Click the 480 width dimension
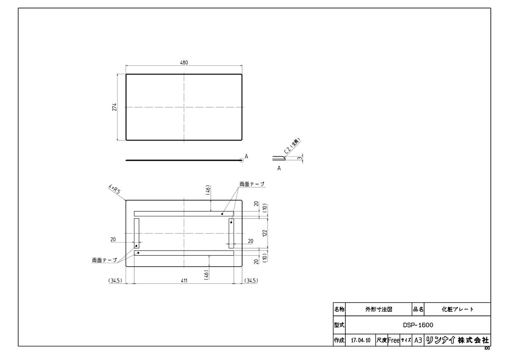(x=184, y=62)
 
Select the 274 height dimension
(x=114, y=107)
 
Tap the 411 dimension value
(x=184, y=281)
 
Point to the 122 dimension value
(x=265, y=233)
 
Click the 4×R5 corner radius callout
(x=114, y=190)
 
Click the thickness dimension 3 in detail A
(x=300, y=158)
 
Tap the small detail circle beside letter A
(x=241, y=160)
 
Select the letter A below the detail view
(x=279, y=168)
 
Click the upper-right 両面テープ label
(x=252, y=184)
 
